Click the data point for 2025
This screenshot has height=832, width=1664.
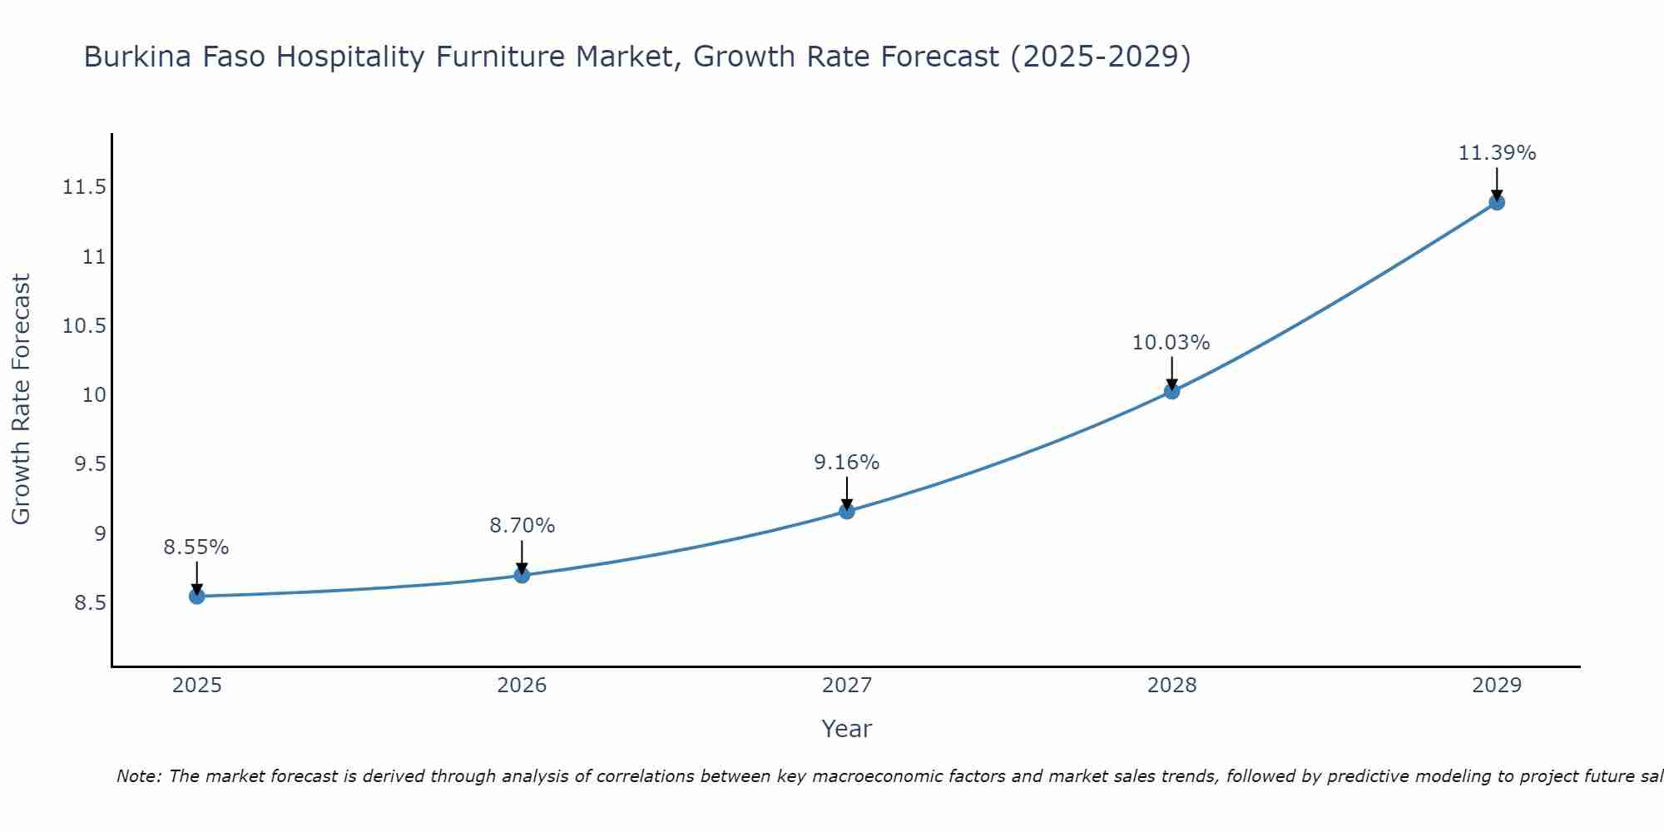(x=196, y=596)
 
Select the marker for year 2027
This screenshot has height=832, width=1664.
(x=846, y=511)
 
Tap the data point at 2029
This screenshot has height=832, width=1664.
(x=1496, y=202)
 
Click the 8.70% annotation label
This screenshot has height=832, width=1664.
(x=522, y=526)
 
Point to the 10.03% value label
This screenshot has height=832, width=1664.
(x=1171, y=343)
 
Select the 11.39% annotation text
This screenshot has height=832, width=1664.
(x=1496, y=153)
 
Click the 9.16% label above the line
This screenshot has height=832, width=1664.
(x=846, y=463)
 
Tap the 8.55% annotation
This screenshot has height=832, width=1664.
(x=196, y=547)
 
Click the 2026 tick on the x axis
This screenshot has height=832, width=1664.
(x=522, y=686)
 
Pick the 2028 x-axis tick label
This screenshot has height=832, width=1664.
(x=1171, y=686)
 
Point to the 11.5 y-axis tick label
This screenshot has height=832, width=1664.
(x=84, y=187)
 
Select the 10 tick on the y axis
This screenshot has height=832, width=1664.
(x=94, y=395)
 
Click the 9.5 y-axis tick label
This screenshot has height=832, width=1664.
(x=90, y=464)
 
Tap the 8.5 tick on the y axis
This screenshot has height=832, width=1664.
(x=90, y=603)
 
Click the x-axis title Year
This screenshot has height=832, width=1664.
(x=846, y=729)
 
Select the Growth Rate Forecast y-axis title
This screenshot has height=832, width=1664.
(x=22, y=399)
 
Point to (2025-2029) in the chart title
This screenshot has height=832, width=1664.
(x=1100, y=57)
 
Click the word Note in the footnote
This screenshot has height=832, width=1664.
(x=133, y=776)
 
